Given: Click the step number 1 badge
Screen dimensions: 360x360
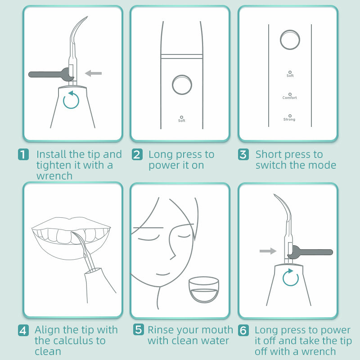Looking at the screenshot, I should pyautogui.click(x=23, y=155).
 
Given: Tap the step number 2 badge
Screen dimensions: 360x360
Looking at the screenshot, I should pyautogui.click(x=137, y=155).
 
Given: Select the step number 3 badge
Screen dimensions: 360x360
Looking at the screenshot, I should pyautogui.click(x=243, y=155).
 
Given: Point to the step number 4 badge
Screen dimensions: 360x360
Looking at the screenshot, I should pyautogui.click(x=23, y=330).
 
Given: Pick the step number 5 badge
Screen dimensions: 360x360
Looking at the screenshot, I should pyautogui.click(x=139, y=330).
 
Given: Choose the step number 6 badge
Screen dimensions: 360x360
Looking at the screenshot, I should pyautogui.click(x=243, y=330).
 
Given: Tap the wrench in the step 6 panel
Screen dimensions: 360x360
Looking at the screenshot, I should pyautogui.click(x=310, y=252).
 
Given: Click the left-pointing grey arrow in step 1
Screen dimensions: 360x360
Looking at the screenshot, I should pyautogui.click(x=94, y=73).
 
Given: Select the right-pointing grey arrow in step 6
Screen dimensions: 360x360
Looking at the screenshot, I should pyautogui.click(x=268, y=251).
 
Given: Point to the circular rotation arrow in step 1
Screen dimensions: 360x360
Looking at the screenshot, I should pyautogui.click(x=71, y=100).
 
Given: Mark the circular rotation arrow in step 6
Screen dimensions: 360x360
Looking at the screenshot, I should pyautogui.click(x=291, y=278).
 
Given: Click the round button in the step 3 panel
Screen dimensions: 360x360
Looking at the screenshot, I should pyautogui.click(x=289, y=40).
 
